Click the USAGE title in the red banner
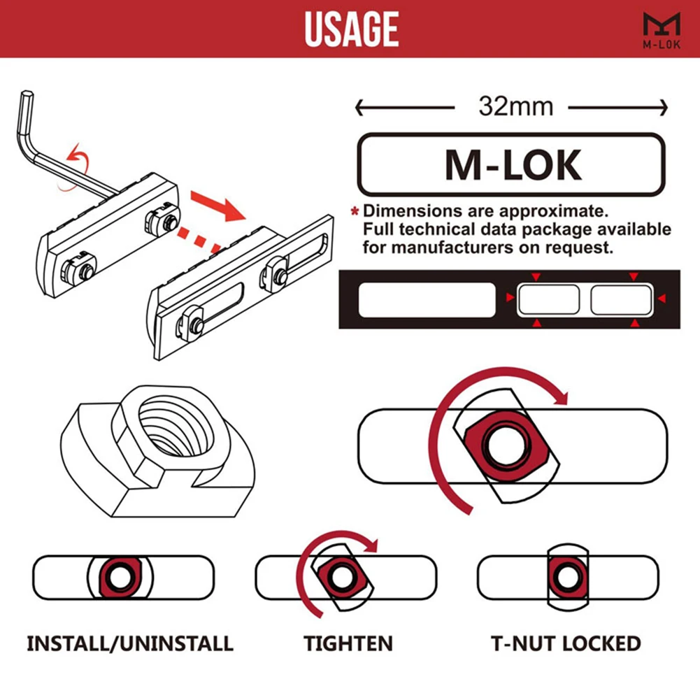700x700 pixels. (x=351, y=29)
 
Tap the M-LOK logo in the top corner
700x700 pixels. (x=661, y=30)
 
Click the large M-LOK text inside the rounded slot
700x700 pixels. (x=513, y=165)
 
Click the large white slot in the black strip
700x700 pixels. (x=426, y=300)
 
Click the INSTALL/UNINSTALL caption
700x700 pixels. (x=130, y=643)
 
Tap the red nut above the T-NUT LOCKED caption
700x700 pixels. (x=566, y=577)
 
